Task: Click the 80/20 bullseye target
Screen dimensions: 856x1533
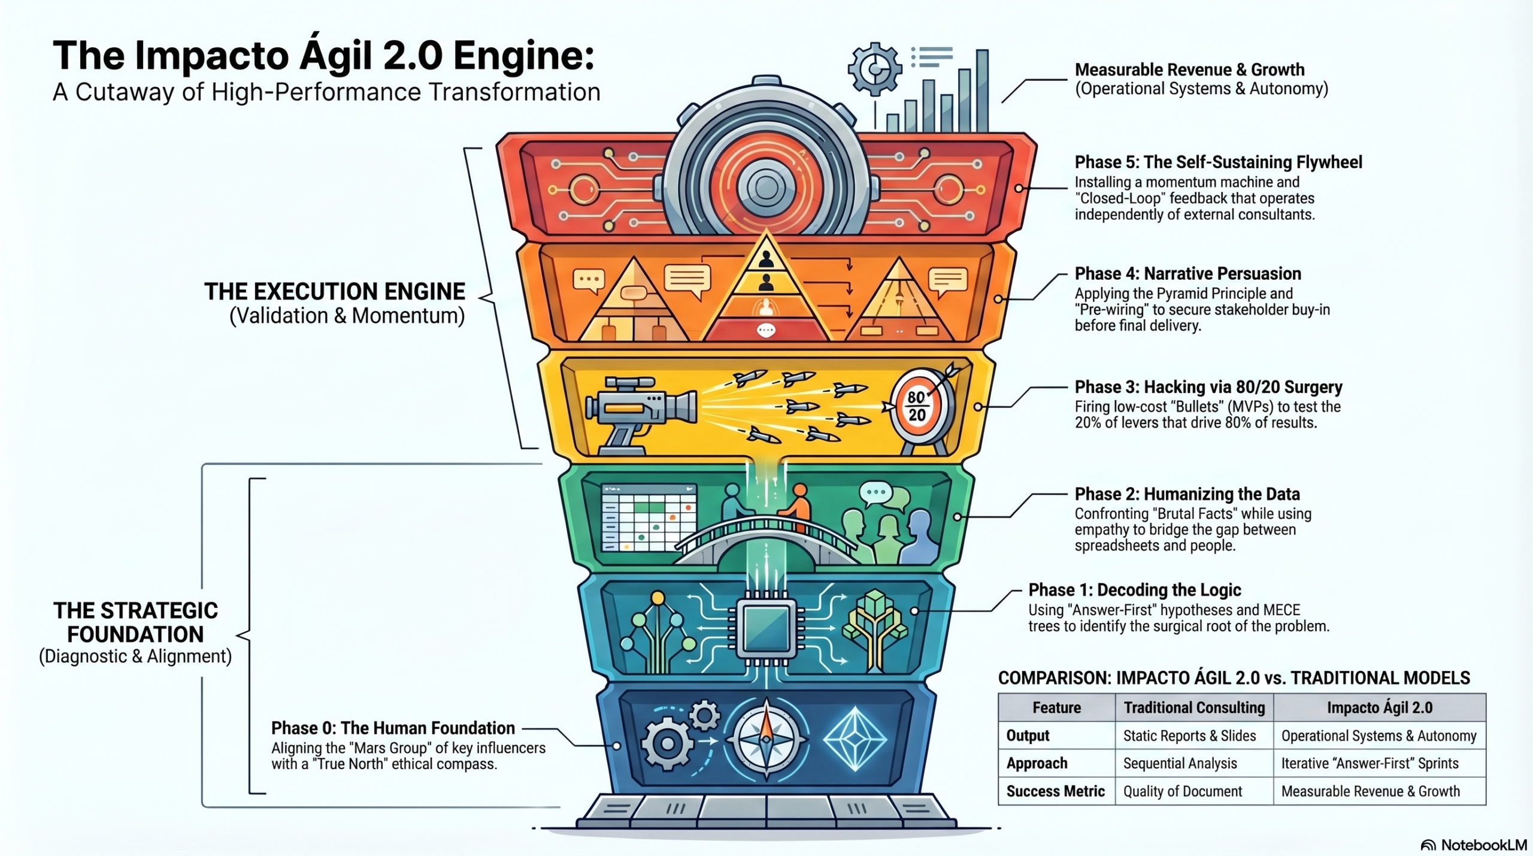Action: pos(917,407)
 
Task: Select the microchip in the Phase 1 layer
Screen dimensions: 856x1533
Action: pos(766,628)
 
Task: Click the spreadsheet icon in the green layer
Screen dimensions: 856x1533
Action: pos(649,518)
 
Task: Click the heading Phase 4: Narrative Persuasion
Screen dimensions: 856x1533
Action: pos(1187,274)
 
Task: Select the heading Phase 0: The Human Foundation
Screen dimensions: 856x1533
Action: pos(393,728)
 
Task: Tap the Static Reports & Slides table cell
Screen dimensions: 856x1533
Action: pos(1189,736)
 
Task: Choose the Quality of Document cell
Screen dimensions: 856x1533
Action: pos(1182,791)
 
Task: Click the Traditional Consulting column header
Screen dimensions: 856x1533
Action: pos(1194,707)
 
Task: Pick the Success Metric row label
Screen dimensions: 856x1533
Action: pos(1055,791)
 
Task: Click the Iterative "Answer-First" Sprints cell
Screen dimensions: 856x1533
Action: pos(1370,763)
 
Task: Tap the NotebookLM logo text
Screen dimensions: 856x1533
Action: pos(1483,845)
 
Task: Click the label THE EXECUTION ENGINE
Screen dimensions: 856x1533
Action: pos(334,292)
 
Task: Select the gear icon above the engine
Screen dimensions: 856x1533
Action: pos(874,68)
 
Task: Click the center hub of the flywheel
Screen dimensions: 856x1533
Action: pos(766,187)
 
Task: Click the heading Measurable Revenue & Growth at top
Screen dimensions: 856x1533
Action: pos(1189,69)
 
